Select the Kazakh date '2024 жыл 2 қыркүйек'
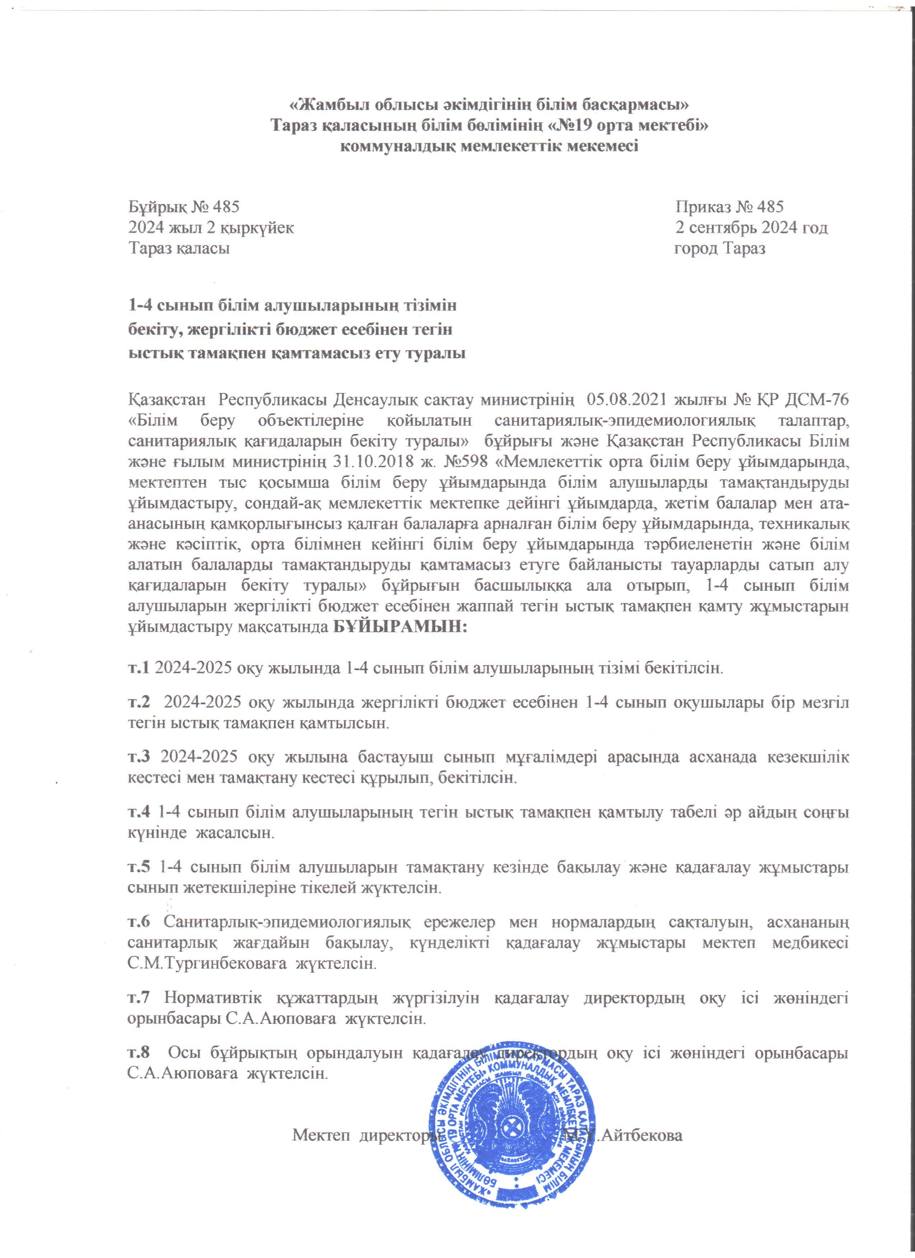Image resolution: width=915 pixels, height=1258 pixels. (211, 228)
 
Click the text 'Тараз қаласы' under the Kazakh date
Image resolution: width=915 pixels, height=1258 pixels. (179, 249)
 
